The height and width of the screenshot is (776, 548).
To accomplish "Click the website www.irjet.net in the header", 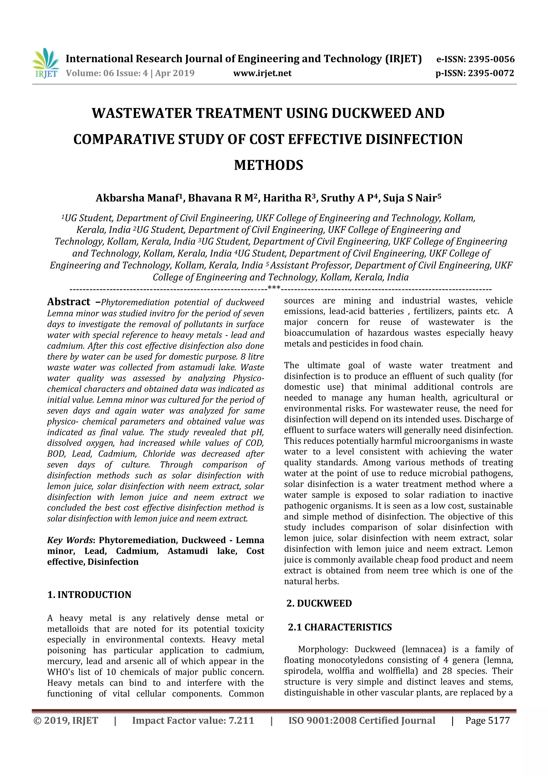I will pos(262,73).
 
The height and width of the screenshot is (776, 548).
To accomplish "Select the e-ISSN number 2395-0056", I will pos(491,59).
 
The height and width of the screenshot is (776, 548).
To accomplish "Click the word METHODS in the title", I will pos(269,165).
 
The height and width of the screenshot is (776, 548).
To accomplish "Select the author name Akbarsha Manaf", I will pos(139,198).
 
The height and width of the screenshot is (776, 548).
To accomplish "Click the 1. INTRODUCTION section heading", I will pos(89,595).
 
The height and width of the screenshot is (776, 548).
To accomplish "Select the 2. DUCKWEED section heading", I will pos(319,603).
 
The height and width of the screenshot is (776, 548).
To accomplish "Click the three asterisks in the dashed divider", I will pos(274,288).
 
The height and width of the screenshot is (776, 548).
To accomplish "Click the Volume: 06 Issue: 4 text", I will pos(107,73).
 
